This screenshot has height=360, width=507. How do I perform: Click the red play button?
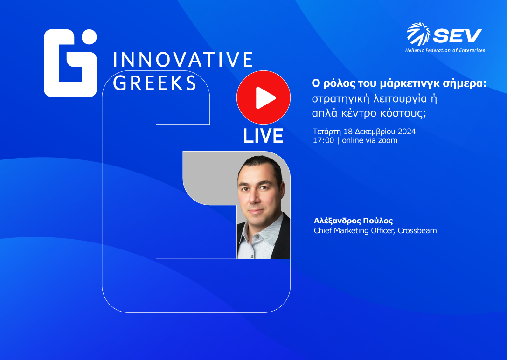click(x=263, y=97)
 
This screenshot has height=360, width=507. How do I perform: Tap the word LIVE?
click(x=263, y=136)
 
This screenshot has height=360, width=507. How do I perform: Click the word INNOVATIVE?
click(x=183, y=60)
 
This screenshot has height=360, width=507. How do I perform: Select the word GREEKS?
click(x=155, y=83)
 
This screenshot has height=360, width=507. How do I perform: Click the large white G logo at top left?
click(x=70, y=63)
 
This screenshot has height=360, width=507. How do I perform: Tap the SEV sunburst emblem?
click(x=418, y=35)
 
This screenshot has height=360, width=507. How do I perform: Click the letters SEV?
click(x=457, y=35)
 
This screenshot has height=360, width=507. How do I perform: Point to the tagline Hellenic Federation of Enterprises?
click(x=444, y=50)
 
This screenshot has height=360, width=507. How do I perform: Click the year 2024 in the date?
click(x=405, y=132)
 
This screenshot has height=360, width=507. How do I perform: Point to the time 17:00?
click(x=323, y=140)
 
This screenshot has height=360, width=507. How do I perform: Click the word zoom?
click(x=388, y=140)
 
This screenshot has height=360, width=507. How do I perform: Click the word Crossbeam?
click(x=417, y=230)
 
